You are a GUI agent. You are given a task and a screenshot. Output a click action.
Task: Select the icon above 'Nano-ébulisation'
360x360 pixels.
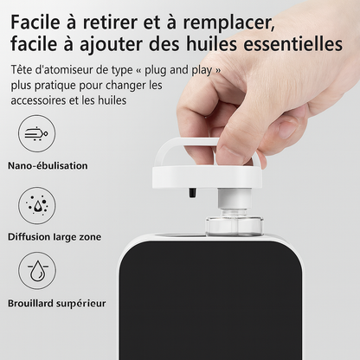tap(37, 133)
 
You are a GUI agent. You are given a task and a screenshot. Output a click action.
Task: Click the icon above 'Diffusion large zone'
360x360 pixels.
tap(37, 205)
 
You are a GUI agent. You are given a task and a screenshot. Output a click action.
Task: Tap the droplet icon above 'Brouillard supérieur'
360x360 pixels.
tap(37, 271)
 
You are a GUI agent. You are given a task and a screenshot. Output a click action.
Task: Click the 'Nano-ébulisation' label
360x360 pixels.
tap(48, 165)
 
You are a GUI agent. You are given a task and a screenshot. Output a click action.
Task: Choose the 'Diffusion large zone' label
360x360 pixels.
tap(55, 237)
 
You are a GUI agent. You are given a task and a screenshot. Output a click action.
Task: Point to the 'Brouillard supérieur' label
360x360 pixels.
tap(57, 304)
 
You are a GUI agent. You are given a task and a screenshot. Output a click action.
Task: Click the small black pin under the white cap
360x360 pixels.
tap(192, 193)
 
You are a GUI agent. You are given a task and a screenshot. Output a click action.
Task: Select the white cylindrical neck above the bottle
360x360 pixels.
tap(232, 198)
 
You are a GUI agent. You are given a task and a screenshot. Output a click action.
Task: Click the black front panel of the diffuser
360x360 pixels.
tap(210, 300)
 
